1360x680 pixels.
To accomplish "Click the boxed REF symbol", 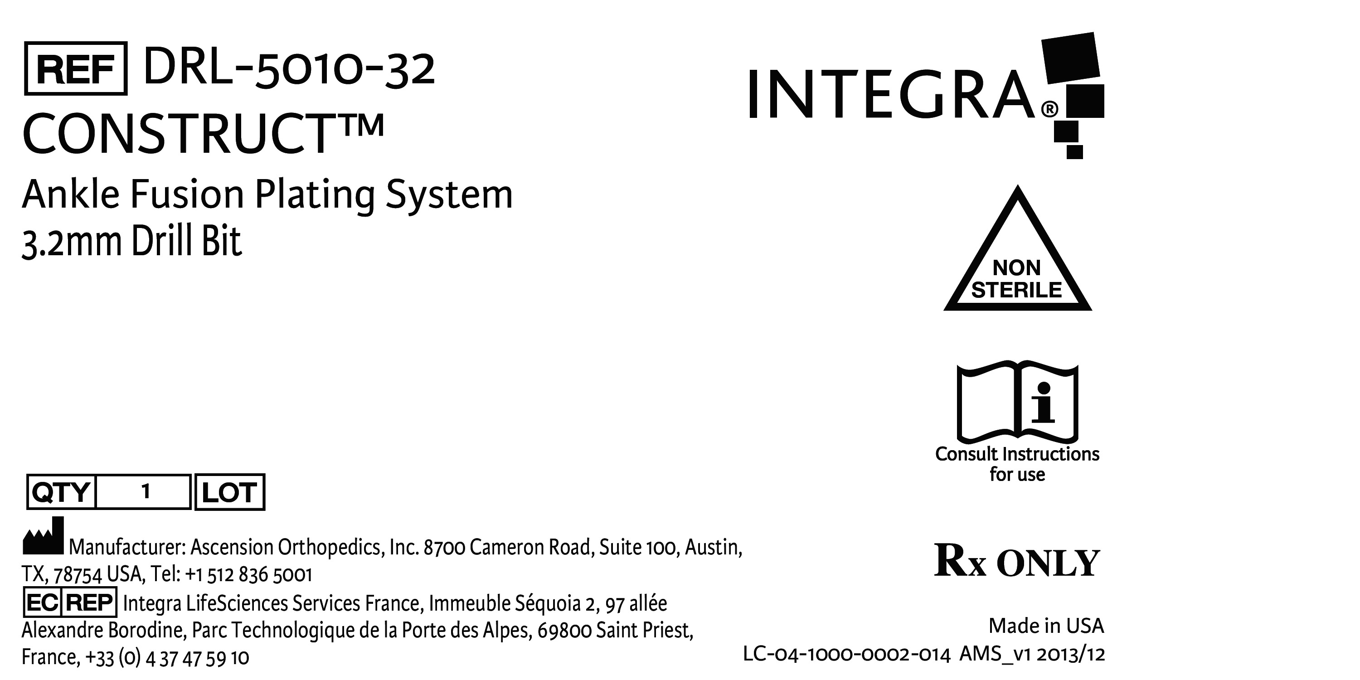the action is [x=76, y=68].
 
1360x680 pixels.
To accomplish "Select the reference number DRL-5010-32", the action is [x=289, y=68].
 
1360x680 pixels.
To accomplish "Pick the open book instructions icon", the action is [x=1017, y=402].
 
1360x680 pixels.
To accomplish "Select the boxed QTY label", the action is [x=61, y=492].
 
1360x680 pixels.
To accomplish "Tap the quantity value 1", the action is [x=146, y=492].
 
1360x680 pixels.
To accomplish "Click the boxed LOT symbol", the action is [x=230, y=492].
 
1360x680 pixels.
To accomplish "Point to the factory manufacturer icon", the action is [x=43, y=535].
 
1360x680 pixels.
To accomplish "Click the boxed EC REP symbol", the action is [x=70, y=602].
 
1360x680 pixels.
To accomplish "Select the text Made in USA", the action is [x=1046, y=626].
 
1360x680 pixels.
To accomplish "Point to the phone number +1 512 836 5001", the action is [x=249, y=574].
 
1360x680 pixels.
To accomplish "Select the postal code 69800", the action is [x=564, y=631].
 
